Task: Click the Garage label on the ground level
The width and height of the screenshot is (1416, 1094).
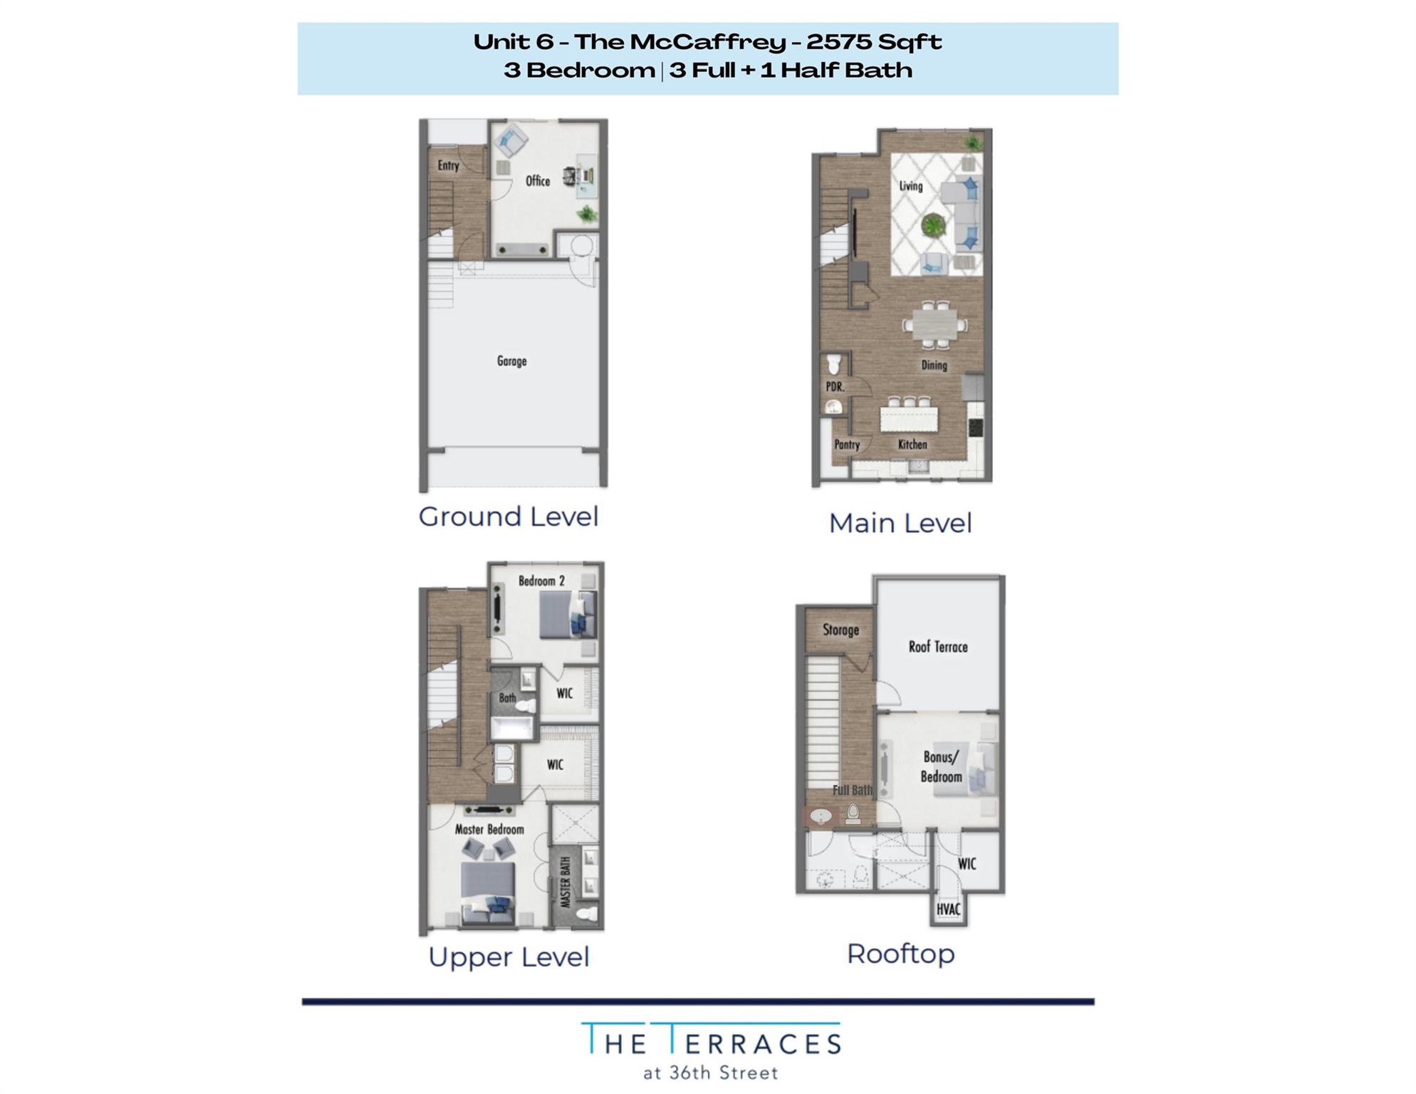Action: (x=511, y=361)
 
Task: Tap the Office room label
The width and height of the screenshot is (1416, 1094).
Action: (x=537, y=181)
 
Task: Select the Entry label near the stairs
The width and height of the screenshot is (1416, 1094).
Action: (x=448, y=165)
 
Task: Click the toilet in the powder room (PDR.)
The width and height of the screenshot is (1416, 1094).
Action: (x=834, y=366)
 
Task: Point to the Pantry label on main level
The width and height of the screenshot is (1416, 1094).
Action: (x=847, y=444)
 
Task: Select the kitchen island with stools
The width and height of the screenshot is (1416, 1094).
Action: (x=909, y=417)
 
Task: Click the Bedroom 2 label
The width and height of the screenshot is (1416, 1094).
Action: (x=541, y=581)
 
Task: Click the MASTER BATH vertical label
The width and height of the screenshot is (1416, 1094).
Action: (x=566, y=882)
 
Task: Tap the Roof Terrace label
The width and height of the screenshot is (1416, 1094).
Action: (x=937, y=647)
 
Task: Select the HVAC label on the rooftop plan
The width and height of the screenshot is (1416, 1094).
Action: (x=948, y=910)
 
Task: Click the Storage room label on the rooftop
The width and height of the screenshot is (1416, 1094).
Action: (x=840, y=630)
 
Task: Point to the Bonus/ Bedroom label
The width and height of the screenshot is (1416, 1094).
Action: (x=941, y=767)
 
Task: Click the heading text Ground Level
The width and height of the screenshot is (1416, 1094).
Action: (x=508, y=516)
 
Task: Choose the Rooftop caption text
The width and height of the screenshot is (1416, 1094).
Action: (x=900, y=954)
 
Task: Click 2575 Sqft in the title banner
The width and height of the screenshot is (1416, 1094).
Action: (x=874, y=42)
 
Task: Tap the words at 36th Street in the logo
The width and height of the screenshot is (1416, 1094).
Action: (x=710, y=1073)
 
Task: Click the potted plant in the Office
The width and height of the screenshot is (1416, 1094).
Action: (x=587, y=213)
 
